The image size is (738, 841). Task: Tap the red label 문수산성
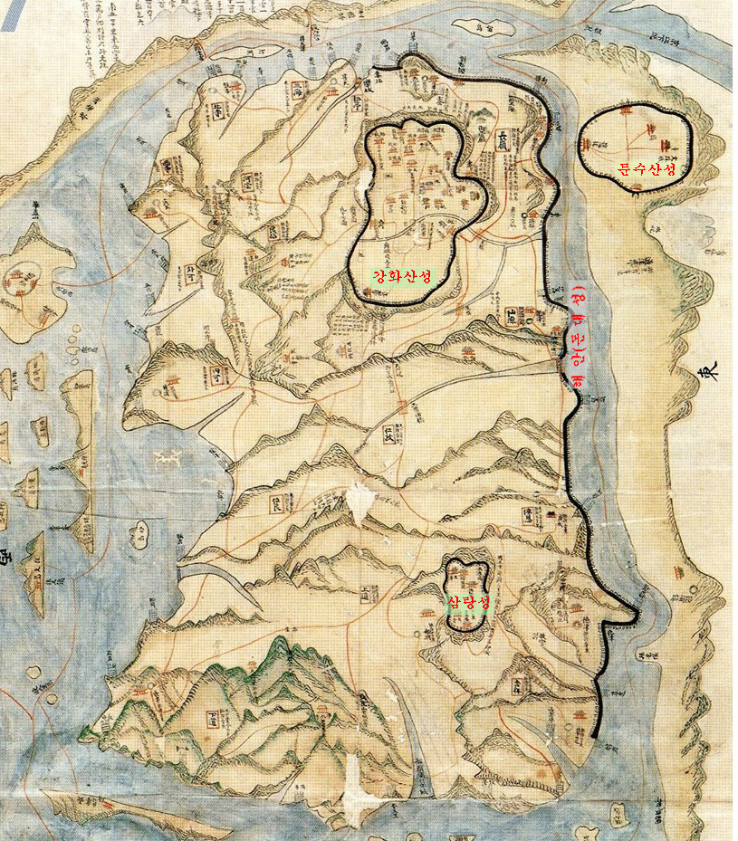click(646, 167)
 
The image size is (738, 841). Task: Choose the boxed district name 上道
click(366, 594)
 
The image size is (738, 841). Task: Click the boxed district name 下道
click(216, 720)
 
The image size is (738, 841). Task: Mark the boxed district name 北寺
click(220, 110)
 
